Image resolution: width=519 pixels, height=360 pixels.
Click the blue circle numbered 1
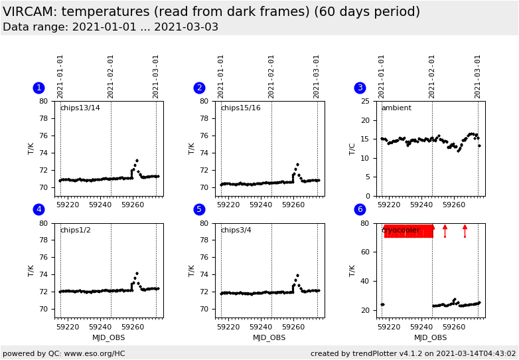click(38, 88)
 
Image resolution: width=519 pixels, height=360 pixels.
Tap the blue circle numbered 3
click(360, 88)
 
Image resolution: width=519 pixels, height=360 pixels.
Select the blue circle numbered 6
click(360, 209)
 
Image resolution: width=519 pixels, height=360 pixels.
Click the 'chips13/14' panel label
click(80, 108)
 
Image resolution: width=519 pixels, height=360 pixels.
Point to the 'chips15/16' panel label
click(240, 108)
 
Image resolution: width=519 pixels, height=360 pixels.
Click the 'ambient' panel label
click(396, 108)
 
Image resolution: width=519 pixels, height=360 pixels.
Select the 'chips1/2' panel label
click(75, 230)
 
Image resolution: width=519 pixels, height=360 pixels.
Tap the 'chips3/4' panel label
click(236, 230)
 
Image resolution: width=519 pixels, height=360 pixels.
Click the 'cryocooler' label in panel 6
click(402, 230)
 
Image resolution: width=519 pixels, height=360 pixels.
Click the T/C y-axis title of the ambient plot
click(352, 148)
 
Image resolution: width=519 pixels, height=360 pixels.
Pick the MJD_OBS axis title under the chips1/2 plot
click(108, 338)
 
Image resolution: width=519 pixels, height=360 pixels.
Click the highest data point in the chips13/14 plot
click(137, 160)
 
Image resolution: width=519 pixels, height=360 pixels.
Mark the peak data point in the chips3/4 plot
click(297, 275)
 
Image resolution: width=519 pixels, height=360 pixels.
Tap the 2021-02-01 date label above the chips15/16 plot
click(271, 76)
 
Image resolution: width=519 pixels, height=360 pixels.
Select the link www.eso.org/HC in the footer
click(95, 353)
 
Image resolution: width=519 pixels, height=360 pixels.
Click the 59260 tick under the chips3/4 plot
click(293, 326)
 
